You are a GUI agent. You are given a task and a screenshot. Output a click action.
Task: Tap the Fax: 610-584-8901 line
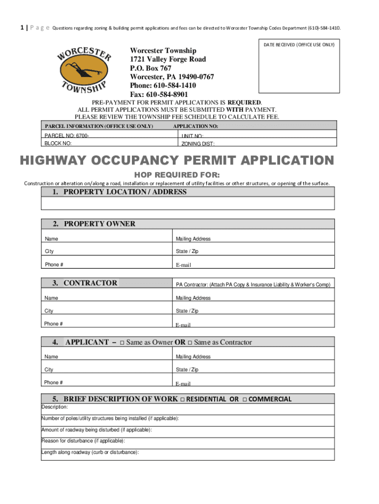click(x=158, y=94)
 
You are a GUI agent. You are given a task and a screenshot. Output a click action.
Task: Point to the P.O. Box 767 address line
click(x=151, y=68)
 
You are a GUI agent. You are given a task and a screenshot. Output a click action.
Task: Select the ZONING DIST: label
click(x=198, y=144)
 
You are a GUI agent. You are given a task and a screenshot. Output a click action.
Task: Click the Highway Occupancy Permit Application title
click(x=177, y=161)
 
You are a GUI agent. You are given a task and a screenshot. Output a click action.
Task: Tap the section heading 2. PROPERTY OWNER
click(x=94, y=224)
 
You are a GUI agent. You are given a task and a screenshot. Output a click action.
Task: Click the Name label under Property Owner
click(x=51, y=239)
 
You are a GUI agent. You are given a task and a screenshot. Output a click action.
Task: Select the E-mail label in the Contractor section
click(x=183, y=325)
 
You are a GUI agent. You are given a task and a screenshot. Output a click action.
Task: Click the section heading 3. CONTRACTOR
click(x=85, y=283)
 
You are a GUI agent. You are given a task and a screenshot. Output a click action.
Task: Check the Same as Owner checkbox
click(x=122, y=343)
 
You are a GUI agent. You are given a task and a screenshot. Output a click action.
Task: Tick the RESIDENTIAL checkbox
click(x=182, y=399)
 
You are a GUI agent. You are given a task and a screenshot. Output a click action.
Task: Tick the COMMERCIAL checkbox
click(x=245, y=399)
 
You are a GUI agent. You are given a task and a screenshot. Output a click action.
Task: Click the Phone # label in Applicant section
click(x=53, y=382)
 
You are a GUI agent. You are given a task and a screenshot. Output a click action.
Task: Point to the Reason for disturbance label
click(x=83, y=441)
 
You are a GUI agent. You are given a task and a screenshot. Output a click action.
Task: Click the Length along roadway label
click(x=90, y=452)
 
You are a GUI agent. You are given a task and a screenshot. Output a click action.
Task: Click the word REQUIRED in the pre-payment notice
click(x=243, y=102)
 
